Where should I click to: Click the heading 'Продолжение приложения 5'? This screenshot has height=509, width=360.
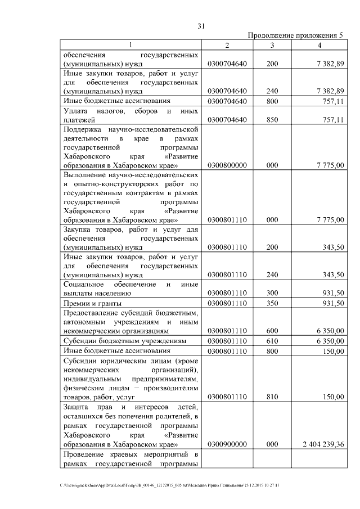click(295, 35)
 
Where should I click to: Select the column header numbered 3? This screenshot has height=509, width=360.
click(272, 45)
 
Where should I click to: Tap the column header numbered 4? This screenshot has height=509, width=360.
click(319, 45)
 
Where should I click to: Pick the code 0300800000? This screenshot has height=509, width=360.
click(227, 166)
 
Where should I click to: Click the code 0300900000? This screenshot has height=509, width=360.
click(227, 444)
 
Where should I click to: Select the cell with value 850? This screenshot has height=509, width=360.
click(272, 120)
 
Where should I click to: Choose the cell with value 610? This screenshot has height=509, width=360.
click(272, 341)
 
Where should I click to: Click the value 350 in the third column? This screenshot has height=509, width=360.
click(272, 304)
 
